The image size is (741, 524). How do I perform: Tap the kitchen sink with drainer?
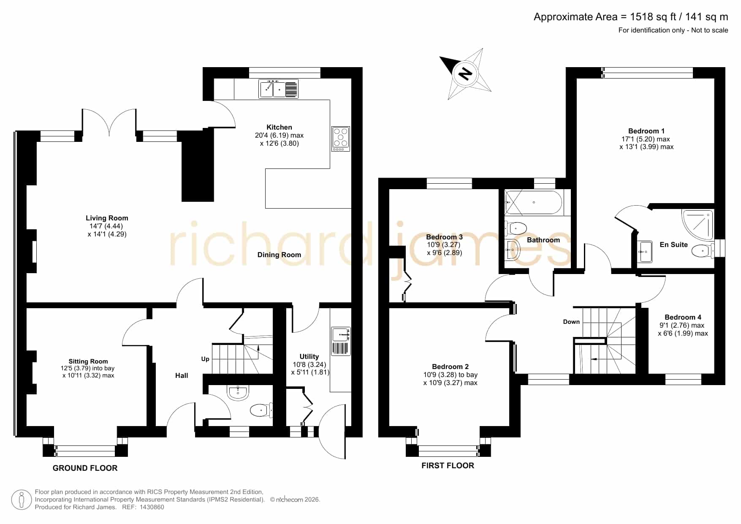click(x=279, y=89)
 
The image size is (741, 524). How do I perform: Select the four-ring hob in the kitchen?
click(x=341, y=139)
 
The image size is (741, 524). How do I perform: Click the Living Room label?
click(x=107, y=218)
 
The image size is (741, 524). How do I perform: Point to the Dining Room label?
click(x=279, y=255)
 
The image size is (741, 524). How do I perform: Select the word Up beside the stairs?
click(x=205, y=359)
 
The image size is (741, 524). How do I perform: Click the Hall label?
click(x=182, y=375)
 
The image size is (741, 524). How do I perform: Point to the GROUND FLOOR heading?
click(x=85, y=468)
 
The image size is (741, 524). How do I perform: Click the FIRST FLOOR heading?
click(x=448, y=465)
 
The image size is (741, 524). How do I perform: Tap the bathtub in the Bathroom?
click(x=534, y=203)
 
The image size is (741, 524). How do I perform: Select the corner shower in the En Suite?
click(x=698, y=225)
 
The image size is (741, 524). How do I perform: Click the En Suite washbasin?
click(x=645, y=252)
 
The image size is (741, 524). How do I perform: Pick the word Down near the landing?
click(x=571, y=322)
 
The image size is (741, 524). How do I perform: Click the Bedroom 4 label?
click(x=683, y=317)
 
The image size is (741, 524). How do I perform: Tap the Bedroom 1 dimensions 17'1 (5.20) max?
click(x=646, y=139)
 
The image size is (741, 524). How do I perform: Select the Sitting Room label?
click(x=88, y=361)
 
